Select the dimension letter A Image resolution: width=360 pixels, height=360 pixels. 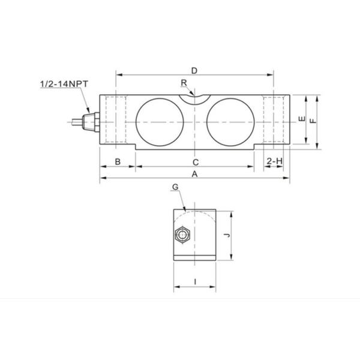click(x=194, y=173)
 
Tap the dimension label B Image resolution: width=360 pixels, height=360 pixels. click(x=118, y=161)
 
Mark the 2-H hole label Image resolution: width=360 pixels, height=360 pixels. click(x=274, y=161)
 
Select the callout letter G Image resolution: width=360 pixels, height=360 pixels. click(x=175, y=188)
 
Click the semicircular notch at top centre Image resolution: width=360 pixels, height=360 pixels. click(x=194, y=97)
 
